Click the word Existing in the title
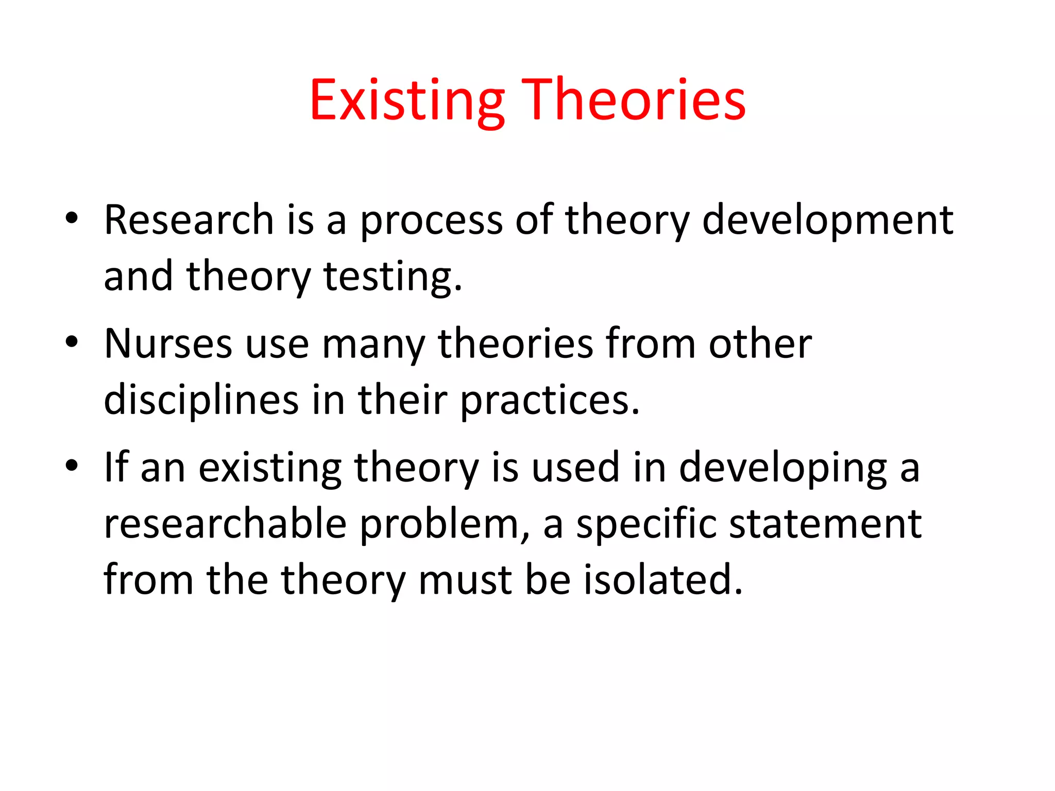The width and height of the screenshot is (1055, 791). (x=407, y=100)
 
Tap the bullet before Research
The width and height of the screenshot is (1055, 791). (x=72, y=218)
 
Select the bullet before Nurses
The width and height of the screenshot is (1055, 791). (x=72, y=342)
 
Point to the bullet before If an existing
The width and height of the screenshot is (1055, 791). (x=72, y=466)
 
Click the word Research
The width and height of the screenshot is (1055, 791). (x=189, y=220)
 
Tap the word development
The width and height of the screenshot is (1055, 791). (x=827, y=220)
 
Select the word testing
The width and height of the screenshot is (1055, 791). (x=393, y=277)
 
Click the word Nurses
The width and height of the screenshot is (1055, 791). (x=168, y=343)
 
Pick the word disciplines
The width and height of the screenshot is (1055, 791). (x=201, y=400)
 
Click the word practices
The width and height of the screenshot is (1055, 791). (x=549, y=400)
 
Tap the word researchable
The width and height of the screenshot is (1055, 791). (x=225, y=524)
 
